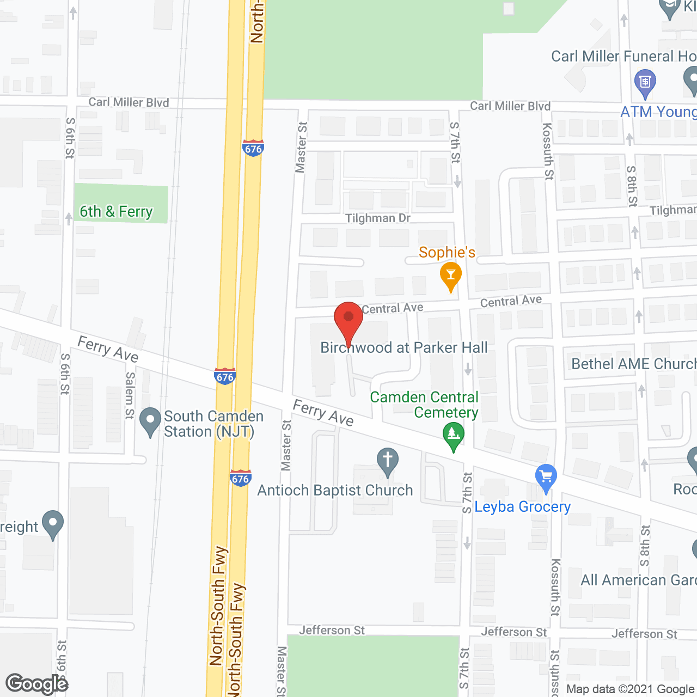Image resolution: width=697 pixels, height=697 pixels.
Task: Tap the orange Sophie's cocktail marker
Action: (x=450, y=276)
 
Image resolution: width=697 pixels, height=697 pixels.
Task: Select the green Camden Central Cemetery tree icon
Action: (x=453, y=436)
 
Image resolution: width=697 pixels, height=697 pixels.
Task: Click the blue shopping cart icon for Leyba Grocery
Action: (x=546, y=478)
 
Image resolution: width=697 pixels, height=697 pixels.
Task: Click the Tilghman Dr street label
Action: (x=377, y=218)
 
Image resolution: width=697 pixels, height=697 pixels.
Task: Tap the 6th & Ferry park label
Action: (x=116, y=211)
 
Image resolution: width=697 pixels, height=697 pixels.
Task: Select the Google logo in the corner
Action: (x=37, y=684)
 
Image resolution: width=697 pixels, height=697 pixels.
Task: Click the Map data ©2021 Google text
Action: (x=631, y=689)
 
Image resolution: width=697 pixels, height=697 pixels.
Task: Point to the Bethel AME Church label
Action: (x=634, y=364)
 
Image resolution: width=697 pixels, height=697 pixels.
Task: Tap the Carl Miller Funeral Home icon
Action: (x=645, y=83)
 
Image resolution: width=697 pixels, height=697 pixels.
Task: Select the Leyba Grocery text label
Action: (x=522, y=507)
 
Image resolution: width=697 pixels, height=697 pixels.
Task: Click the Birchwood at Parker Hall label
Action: (x=403, y=347)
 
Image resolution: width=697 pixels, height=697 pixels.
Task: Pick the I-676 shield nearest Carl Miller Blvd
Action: (x=253, y=148)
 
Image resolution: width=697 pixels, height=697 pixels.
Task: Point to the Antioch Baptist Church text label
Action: (x=335, y=490)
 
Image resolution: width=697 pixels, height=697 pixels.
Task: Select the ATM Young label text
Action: (x=658, y=112)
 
